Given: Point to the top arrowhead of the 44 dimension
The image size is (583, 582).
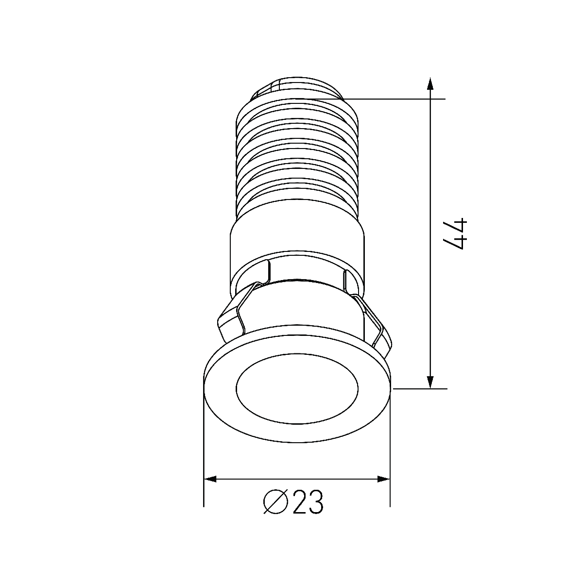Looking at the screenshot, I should tap(429, 83).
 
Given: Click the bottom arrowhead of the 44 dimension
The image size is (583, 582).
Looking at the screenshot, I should tap(429, 382).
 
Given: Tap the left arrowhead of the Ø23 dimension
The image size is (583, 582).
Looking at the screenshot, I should tap(210, 480).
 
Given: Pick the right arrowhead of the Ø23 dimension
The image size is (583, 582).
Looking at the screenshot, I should tap(384, 480).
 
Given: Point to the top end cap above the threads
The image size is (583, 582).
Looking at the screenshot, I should tap(296, 87).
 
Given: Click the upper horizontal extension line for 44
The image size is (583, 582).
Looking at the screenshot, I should tap(398, 99).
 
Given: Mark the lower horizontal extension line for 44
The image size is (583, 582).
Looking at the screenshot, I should tap(420, 388).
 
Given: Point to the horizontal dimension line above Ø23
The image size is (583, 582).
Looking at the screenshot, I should tap(297, 480).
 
